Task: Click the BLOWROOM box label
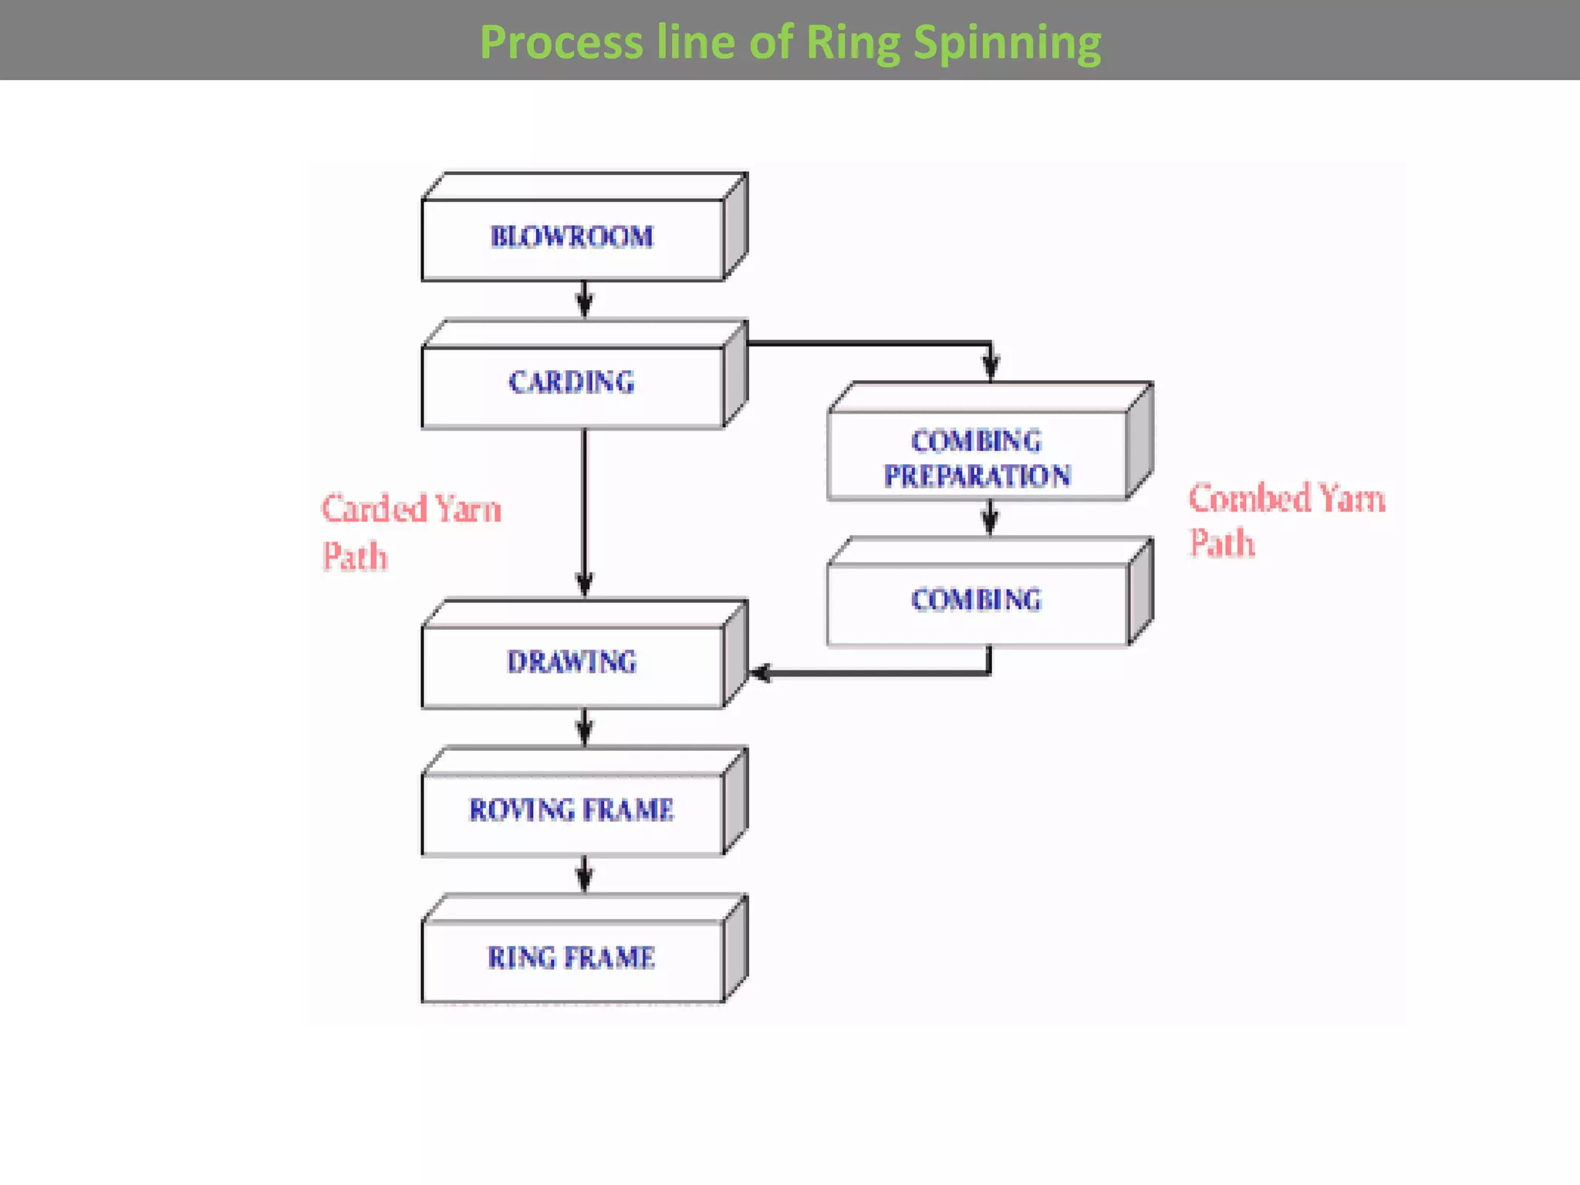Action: pos(572,237)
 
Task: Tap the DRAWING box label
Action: pos(572,662)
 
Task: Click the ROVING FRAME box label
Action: pos(572,809)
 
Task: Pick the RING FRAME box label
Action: pos(572,957)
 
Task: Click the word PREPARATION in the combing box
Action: pos(977,476)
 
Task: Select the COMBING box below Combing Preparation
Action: pos(976,599)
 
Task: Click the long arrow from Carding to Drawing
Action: pos(585,509)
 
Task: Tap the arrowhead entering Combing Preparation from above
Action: pos(991,366)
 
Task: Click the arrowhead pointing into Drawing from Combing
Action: pos(760,673)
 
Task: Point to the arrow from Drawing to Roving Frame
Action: pos(585,728)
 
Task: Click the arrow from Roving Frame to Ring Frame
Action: pos(585,876)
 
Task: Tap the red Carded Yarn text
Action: pos(410,509)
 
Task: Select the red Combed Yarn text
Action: pos(1286,498)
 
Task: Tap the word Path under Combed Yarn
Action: pos(1221,543)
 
